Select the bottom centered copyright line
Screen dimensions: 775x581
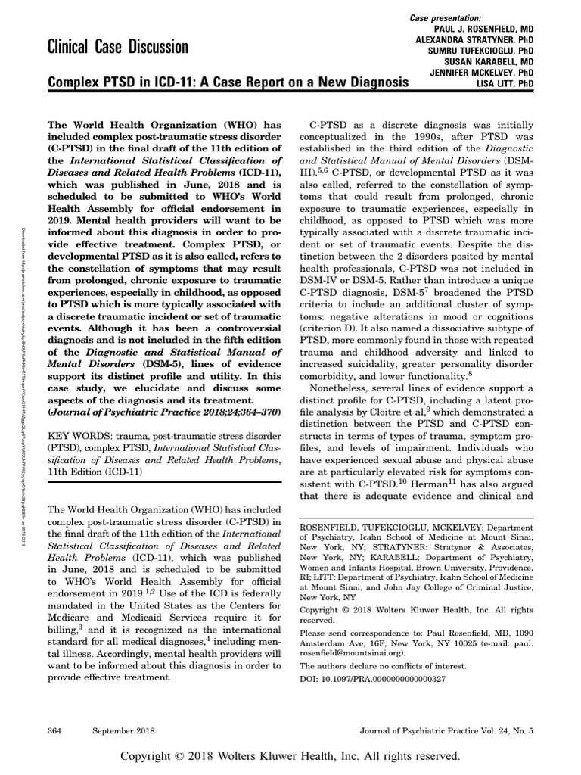point(290,755)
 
